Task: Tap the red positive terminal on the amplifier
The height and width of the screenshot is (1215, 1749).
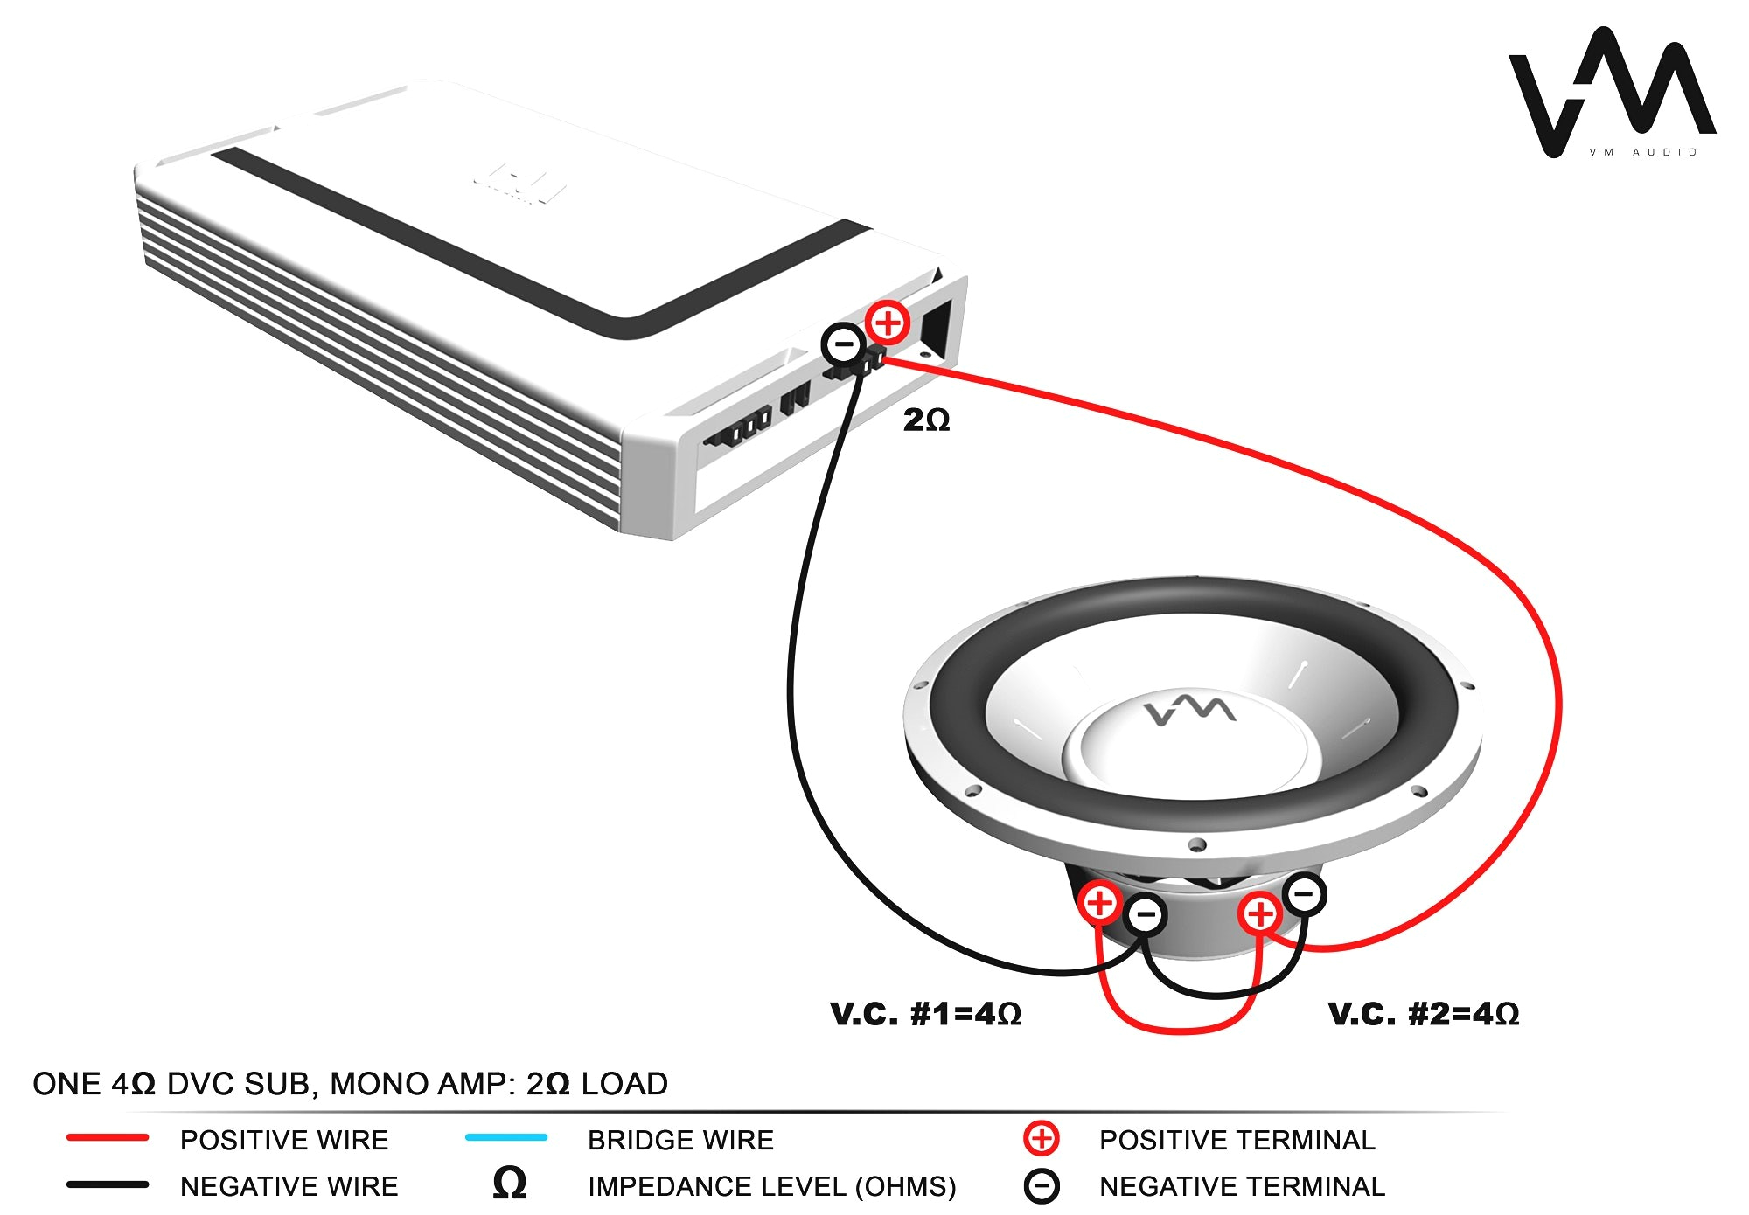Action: [888, 323]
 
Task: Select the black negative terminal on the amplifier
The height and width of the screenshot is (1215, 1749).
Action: [844, 344]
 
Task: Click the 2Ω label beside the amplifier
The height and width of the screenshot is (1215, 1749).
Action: [926, 420]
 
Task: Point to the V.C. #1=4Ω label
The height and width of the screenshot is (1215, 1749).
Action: [925, 1014]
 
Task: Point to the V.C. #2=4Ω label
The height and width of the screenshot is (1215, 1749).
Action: [1423, 1014]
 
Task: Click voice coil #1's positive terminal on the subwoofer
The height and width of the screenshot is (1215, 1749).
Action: [1100, 903]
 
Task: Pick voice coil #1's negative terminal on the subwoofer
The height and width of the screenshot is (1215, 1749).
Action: [1146, 915]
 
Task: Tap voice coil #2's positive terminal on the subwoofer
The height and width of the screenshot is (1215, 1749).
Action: [1260, 914]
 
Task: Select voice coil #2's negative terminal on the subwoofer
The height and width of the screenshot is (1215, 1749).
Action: [1304, 894]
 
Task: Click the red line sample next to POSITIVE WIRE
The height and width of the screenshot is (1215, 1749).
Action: [108, 1138]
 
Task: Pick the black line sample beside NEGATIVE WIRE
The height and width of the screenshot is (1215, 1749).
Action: [108, 1185]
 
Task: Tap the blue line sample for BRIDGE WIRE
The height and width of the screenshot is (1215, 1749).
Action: [506, 1137]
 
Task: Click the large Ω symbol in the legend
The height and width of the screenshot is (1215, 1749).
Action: [510, 1184]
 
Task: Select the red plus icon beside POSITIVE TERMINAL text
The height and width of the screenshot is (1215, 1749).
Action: [1041, 1138]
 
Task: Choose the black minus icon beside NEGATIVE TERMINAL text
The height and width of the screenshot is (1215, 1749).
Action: [1041, 1186]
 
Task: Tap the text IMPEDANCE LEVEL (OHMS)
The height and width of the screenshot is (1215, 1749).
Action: [771, 1186]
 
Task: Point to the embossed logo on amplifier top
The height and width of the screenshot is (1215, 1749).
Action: [519, 183]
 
